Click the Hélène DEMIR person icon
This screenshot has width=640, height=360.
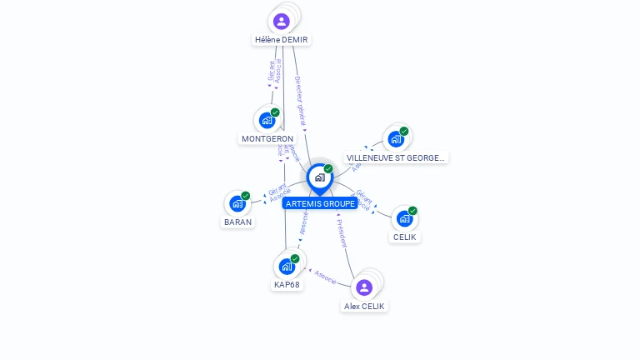click(281, 22)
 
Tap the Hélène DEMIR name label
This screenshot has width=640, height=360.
click(282, 40)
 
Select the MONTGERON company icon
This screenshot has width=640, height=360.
click(267, 120)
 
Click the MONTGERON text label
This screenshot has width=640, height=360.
click(267, 139)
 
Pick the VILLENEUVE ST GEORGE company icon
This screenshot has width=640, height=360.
click(396, 138)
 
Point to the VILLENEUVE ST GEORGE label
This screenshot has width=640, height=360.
click(396, 157)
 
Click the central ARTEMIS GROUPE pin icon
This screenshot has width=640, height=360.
click(319, 177)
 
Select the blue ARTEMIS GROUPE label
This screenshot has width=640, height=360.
click(320, 203)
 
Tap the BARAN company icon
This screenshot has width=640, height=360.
click(237, 203)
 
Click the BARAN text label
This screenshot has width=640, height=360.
click(237, 222)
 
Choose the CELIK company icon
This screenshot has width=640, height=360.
click(405, 218)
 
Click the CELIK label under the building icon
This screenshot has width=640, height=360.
click(405, 237)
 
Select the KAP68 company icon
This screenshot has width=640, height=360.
click(287, 267)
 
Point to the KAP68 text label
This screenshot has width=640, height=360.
click(287, 285)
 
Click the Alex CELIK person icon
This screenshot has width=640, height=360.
click(364, 287)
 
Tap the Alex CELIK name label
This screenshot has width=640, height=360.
click(365, 306)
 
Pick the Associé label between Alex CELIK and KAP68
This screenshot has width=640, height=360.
click(325, 277)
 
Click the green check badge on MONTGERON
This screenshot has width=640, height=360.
click(275, 112)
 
